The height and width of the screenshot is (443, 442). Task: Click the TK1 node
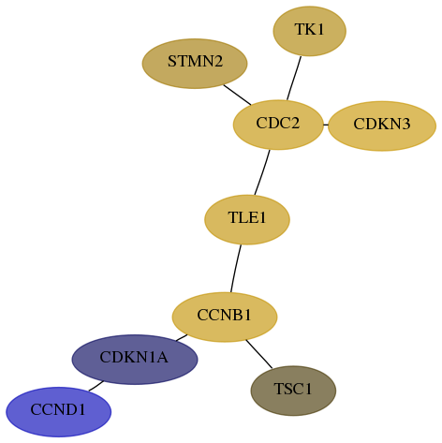pos(309,31)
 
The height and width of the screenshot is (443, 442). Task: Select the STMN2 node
pos(195,64)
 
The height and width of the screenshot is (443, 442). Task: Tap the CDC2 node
pos(278,125)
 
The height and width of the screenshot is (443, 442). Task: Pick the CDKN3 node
pos(382,126)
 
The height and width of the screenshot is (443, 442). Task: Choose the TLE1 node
pos(247,220)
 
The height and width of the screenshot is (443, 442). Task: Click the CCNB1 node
pos(225,317)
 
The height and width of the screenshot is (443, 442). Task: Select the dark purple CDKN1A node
pos(135,360)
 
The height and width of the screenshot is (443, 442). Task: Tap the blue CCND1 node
pos(58,412)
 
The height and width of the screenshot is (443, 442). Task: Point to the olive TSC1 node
pos(293,391)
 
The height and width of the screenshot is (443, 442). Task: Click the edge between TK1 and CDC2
pos(294,79)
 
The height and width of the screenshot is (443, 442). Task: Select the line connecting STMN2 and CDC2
pos(237,95)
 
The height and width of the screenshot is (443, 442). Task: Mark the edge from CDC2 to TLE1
pos(262,172)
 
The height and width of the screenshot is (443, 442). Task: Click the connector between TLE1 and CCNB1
pos(236,269)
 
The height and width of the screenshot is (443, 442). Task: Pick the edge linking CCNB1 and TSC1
pos(259,354)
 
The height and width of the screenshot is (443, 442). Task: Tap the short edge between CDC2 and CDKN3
pos(326,126)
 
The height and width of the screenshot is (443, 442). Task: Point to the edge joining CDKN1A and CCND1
pos(96,386)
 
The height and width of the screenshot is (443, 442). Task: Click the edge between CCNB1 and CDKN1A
pos(182,338)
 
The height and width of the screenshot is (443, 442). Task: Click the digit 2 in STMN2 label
pos(217,61)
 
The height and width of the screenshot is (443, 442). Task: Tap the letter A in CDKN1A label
pos(162,357)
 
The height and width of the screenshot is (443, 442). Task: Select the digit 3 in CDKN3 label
pos(405,124)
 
